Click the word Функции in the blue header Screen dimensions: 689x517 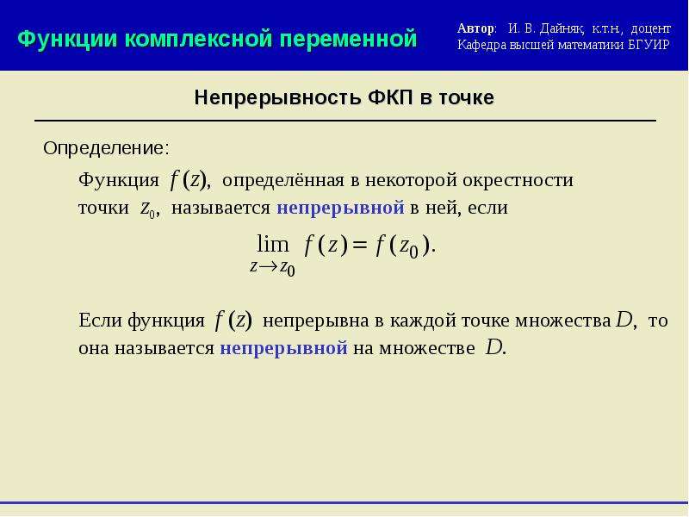tap(68, 39)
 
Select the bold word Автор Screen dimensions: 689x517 tap(475, 28)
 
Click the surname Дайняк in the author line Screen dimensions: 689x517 tap(562, 29)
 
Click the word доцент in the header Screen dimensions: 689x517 tap(651, 29)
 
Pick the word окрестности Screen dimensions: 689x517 tap(518, 180)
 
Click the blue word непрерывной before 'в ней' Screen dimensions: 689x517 tap(340, 208)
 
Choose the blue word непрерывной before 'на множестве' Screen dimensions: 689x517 tap(283, 348)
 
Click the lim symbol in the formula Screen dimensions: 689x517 tap(273, 244)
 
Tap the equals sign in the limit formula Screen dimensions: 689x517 tap(359, 246)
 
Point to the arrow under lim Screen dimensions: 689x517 tap(268, 266)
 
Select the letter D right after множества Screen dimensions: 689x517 tap(624, 320)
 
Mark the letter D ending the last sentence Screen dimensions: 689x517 tap(493, 348)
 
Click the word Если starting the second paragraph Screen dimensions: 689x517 tap(101, 320)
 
